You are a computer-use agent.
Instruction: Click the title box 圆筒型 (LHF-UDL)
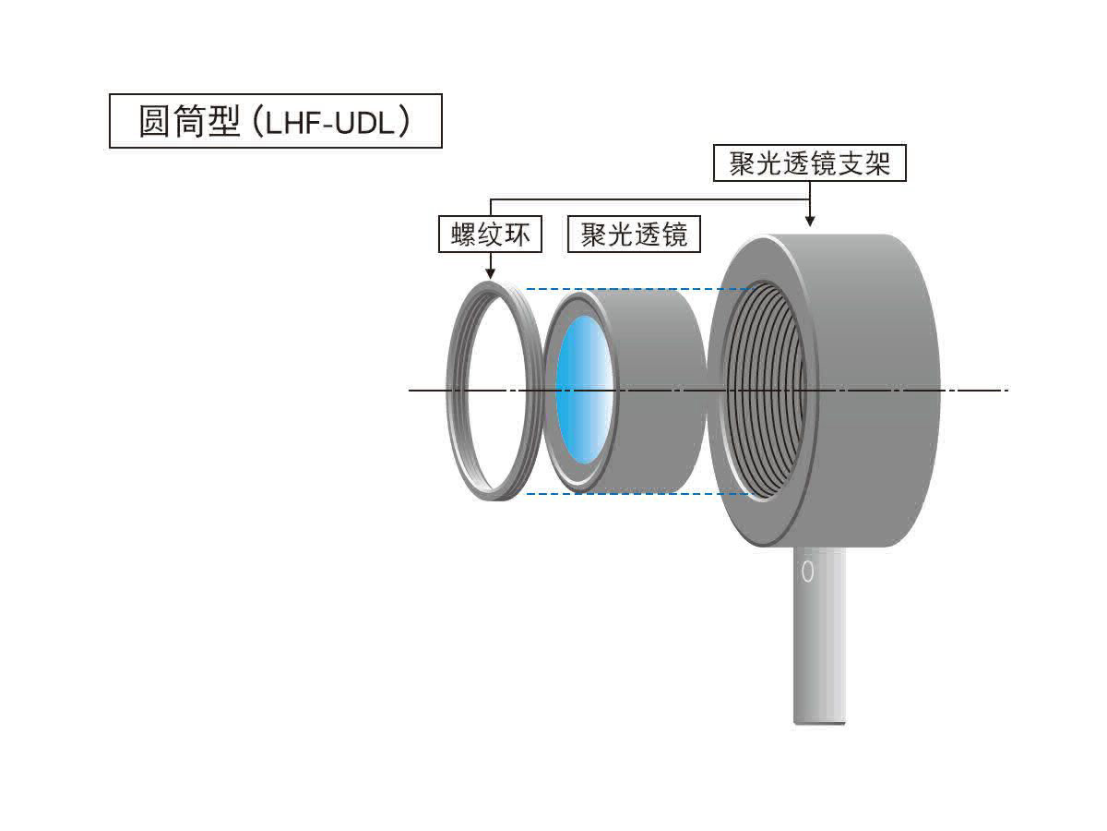275,121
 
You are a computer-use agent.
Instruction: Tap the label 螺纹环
490,235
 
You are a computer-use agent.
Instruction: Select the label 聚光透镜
634,235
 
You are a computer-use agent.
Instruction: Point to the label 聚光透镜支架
809,164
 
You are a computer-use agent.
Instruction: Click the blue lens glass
583,390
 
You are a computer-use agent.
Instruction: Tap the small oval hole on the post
808,572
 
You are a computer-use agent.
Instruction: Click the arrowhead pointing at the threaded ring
490,272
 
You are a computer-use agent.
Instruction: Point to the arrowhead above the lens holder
809,222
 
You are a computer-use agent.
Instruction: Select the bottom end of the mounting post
818,719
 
